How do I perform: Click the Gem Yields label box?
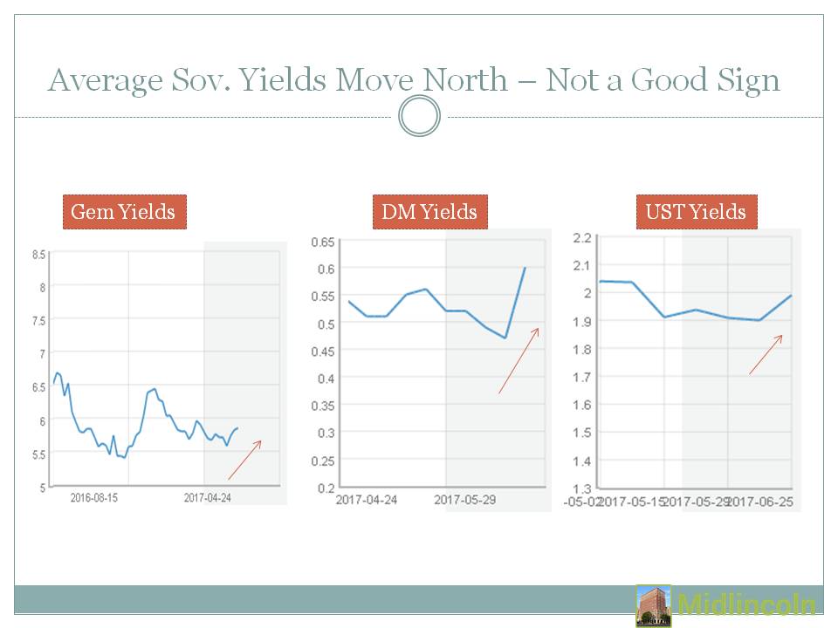coord(124,212)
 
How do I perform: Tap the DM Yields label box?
coord(429,212)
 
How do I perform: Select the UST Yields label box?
coord(696,212)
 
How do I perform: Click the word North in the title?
coord(465,80)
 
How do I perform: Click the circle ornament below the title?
coord(419,116)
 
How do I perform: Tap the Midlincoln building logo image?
coord(654,605)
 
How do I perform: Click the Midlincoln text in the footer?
coord(746,605)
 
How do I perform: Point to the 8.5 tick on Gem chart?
coord(38,255)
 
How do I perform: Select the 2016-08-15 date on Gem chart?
coord(94,499)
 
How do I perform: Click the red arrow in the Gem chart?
coord(244,460)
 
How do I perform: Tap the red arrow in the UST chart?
coord(765,355)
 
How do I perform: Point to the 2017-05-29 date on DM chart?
coord(464,501)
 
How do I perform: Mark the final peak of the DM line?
coord(524,268)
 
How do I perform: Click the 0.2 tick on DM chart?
coord(326,487)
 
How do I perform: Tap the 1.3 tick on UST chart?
coord(583,488)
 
